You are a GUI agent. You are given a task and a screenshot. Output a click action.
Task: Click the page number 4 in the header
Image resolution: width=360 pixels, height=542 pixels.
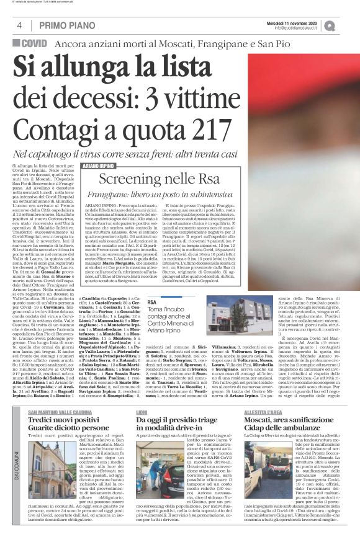coord(20,25)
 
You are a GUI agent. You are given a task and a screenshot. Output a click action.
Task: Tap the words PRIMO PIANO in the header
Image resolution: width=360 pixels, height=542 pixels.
coord(63,25)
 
